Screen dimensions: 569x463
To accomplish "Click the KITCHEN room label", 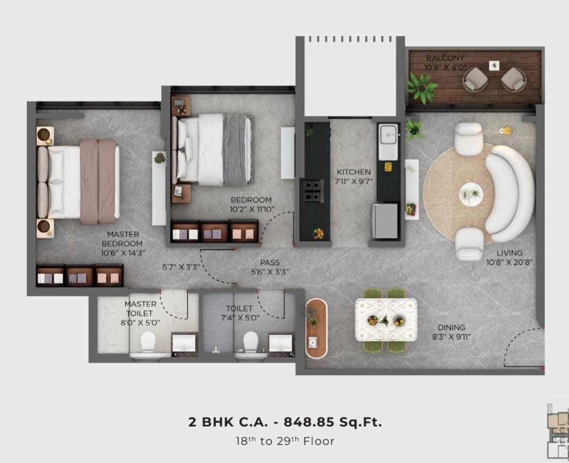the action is tap(354, 172).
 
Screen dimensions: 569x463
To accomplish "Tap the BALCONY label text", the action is tap(445, 57).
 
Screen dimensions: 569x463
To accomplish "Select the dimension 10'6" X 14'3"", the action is tap(123, 253).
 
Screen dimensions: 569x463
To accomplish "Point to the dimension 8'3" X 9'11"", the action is tap(451, 336).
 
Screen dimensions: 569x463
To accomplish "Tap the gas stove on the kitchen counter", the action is tap(313, 191).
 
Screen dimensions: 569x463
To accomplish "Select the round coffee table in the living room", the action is tap(472, 195).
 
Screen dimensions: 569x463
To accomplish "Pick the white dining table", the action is tap(386, 320).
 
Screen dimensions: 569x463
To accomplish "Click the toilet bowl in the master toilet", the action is tap(148, 345).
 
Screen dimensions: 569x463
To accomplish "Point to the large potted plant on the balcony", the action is tap(421, 88).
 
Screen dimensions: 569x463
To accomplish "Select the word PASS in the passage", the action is tap(270, 263).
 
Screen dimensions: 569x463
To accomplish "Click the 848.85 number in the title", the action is tap(309, 422).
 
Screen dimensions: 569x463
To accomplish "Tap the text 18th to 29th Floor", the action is tap(285, 441).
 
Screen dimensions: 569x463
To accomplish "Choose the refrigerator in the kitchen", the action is tap(385, 221).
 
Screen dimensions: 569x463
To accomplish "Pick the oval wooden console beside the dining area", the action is tap(316, 329).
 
